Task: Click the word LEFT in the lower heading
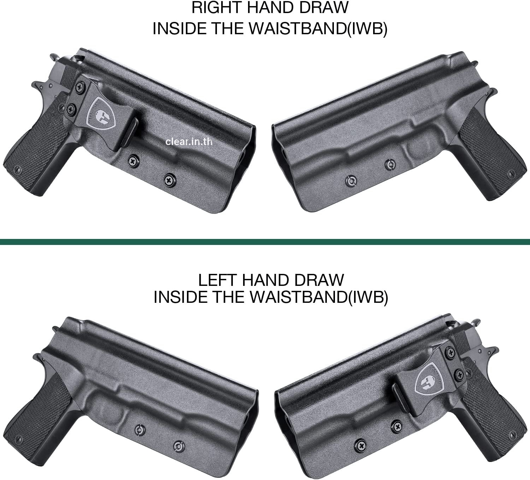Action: click(216, 280)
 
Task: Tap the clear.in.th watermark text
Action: click(189, 142)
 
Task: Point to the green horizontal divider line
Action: click(265, 242)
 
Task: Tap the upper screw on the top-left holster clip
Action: click(79, 86)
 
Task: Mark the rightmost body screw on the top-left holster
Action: click(170, 180)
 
